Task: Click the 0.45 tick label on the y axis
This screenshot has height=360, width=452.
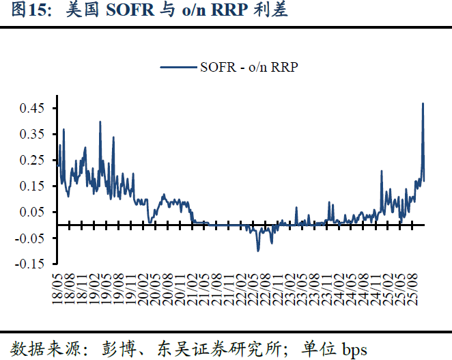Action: tap(32, 108)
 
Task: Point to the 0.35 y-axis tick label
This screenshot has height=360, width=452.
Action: tap(32, 134)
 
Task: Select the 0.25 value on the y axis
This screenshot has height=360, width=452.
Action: tap(32, 160)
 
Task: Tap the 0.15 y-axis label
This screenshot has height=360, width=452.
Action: tap(32, 186)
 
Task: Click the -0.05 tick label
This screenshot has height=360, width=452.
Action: tap(30, 237)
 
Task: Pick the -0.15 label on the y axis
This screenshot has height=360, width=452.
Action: tap(30, 263)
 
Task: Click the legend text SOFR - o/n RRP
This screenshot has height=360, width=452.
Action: tap(249, 67)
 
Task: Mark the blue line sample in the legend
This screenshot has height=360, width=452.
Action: tap(179, 67)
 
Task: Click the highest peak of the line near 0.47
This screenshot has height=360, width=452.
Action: tap(423, 104)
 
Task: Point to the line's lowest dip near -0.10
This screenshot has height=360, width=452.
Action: tap(258, 250)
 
